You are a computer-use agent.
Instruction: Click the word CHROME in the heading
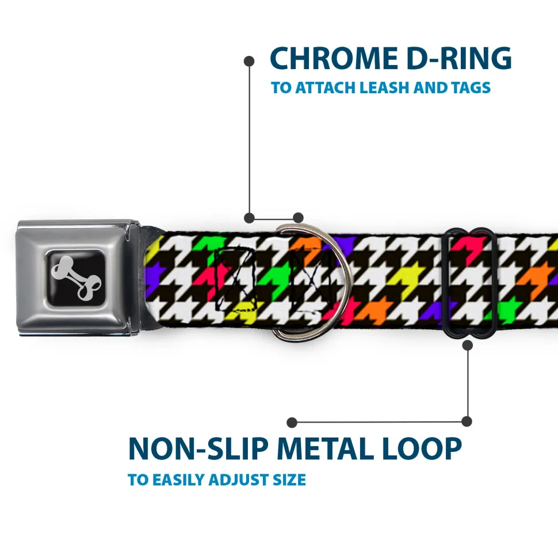coord(334,58)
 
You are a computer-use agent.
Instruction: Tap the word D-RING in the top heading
coord(459,58)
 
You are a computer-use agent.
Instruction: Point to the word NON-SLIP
coord(198,448)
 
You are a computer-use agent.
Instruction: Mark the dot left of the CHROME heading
coord(249,61)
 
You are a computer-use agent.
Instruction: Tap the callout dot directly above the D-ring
coord(298,218)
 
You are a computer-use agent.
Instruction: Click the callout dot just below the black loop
coord(468,345)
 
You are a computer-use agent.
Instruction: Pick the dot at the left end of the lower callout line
coord(292,423)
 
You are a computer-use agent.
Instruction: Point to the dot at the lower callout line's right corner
coord(467,421)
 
